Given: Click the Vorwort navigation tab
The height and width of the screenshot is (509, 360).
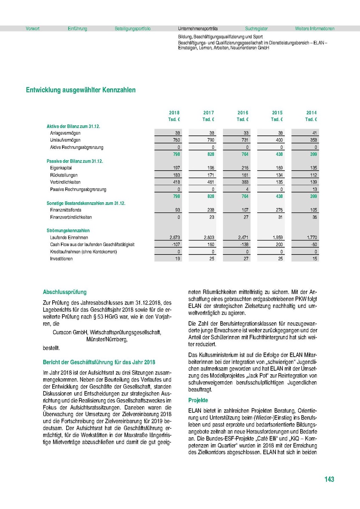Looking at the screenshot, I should pyautogui.click(x=33, y=29).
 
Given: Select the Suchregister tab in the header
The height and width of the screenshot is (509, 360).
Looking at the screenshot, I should pyautogui.click(x=256, y=29).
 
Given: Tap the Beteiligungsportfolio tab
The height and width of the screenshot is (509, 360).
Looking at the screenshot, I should pyautogui.click(x=132, y=29).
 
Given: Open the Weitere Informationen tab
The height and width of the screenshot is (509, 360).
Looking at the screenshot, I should pyautogui.click(x=315, y=29).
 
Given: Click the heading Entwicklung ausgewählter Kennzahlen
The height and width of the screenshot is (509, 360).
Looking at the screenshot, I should pyautogui.click(x=81, y=90).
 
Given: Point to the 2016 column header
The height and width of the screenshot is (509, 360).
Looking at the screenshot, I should pyautogui.click(x=243, y=113).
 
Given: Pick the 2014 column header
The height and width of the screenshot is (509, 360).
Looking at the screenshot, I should pyautogui.click(x=312, y=113).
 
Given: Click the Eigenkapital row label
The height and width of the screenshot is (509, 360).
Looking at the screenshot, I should pyautogui.click(x=61, y=168).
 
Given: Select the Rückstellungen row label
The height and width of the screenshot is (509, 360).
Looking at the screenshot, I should pyautogui.click(x=64, y=175).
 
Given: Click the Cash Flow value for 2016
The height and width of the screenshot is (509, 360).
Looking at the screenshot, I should pyautogui.click(x=243, y=245).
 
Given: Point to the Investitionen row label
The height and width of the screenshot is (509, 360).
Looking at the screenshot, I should pyautogui.click(x=61, y=259).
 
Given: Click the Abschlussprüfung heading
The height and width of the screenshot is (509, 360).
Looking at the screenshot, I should pyautogui.click(x=65, y=292).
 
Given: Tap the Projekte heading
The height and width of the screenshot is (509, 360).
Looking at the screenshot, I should pyautogui.click(x=198, y=400).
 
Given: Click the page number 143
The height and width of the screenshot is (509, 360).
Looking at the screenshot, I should pyautogui.click(x=329, y=479).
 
